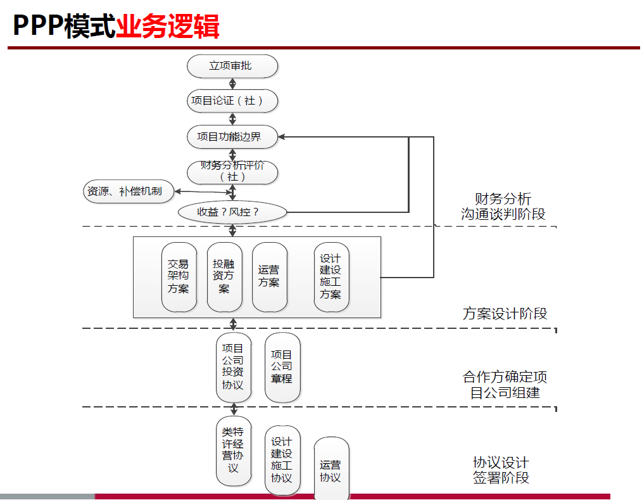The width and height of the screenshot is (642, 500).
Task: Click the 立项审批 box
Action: [232, 66]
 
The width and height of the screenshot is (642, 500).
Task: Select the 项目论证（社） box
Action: [232, 101]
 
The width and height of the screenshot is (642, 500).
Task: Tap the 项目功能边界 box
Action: [232, 136]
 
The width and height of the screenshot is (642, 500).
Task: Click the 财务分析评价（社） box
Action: [232, 171]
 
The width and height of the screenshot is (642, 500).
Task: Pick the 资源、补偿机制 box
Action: [129, 191]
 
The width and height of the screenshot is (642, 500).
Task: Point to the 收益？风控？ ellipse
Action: [232, 212]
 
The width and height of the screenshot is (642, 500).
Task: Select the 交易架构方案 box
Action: [179, 277]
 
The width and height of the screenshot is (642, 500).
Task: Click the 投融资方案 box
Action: [224, 277]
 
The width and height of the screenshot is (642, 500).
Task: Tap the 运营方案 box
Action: [269, 277]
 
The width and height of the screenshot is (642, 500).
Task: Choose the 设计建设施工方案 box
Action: [330, 277]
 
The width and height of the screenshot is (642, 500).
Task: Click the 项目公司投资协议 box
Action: [233, 367]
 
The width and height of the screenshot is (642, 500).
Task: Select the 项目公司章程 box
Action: [282, 368]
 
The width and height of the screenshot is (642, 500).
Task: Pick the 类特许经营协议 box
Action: [233, 451]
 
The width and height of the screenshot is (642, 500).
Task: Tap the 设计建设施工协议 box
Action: [282, 459]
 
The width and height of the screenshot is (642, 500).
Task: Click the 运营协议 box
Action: [330, 469]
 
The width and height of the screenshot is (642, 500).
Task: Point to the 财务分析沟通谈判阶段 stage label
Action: [503, 207]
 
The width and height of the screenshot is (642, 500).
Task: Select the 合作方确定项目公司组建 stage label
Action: [505, 385]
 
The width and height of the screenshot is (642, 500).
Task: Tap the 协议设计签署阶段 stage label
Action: [501, 470]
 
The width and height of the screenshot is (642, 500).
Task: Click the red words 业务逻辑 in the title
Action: [168, 27]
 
